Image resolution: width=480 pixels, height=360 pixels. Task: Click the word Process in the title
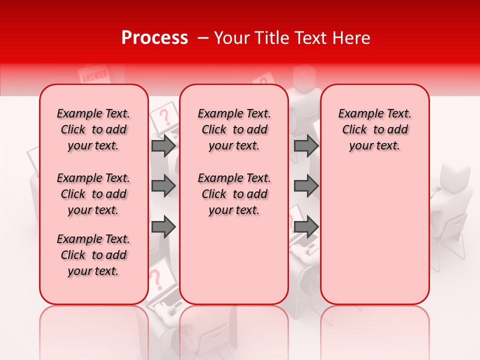point(154,38)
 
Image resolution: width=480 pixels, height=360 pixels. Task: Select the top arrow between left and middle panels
point(163,145)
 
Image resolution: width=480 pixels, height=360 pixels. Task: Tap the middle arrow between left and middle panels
point(163,186)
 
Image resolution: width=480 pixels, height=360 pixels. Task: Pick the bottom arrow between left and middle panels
point(163,226)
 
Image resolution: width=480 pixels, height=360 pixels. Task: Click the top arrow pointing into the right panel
point(306,145)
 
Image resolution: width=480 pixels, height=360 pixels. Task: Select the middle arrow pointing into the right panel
point(306,186)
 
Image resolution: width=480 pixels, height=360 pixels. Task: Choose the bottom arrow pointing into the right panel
point(306,226)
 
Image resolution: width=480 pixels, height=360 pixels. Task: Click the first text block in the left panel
point(93,129)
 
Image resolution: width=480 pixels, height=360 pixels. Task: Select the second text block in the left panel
point(93,194)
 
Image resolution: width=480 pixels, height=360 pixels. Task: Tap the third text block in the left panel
point(93,255)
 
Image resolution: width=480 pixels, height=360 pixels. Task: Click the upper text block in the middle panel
point(234,129)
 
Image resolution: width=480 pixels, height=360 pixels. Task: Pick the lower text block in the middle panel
point(234,194)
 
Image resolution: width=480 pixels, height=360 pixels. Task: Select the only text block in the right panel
point(374,129)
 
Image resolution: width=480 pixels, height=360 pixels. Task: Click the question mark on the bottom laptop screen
point(156,278)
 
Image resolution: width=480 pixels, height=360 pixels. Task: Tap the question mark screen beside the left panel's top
point(164,117)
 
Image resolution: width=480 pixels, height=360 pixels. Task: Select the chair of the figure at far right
point(452,240)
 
